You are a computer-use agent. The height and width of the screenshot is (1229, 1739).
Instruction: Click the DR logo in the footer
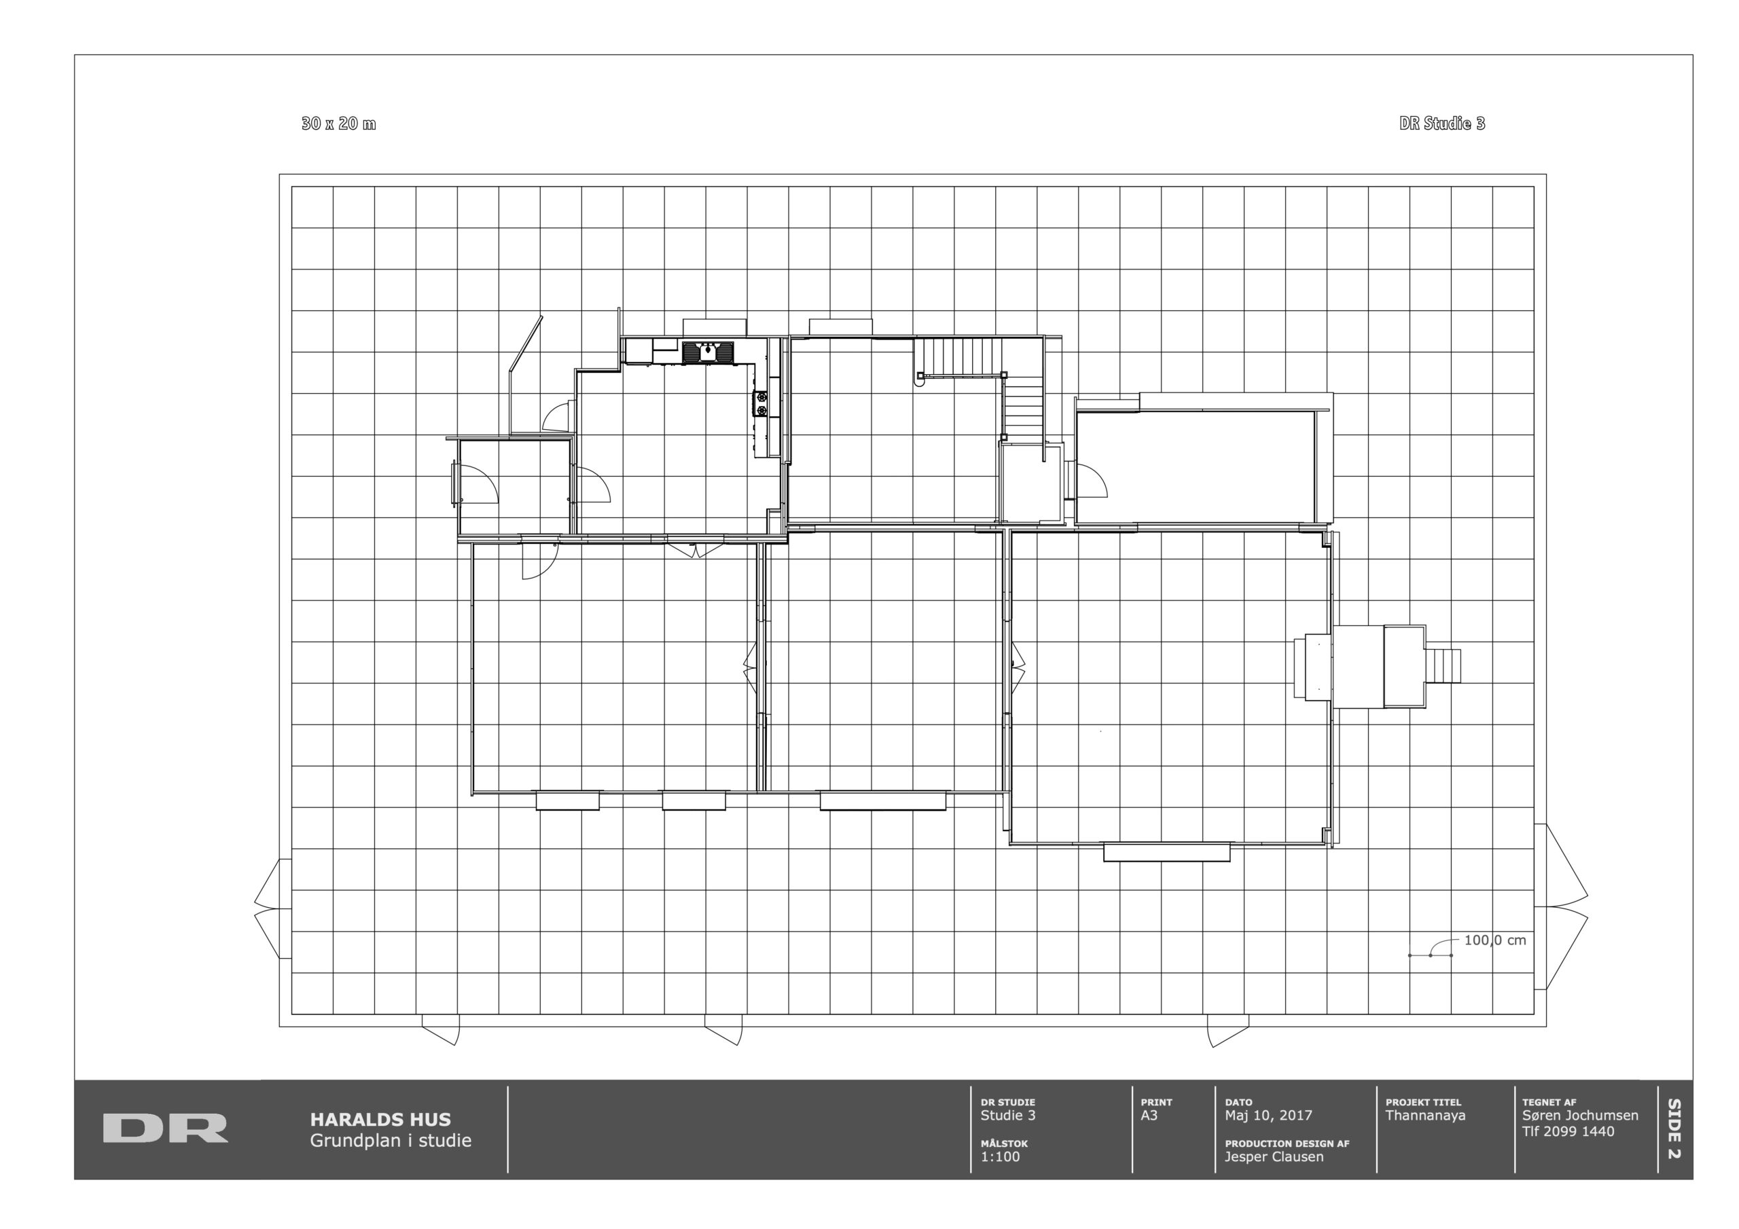[165, 1128]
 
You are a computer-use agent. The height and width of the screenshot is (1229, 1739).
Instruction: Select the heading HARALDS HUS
[380, 1119]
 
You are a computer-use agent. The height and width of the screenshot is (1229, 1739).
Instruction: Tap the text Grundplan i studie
[390, 1141]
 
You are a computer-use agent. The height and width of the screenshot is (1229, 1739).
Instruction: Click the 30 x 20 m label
[338, 124]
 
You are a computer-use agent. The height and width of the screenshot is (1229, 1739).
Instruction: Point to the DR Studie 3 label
[1442, 124]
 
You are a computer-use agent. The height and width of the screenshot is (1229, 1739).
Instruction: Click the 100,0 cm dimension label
[1495, 940]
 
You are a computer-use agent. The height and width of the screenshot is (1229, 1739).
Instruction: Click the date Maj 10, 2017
[1269, 1116]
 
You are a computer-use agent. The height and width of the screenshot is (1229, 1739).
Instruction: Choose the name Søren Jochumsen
[1580, 1116]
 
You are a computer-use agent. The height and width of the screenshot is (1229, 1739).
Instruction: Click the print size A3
[1149, 1116]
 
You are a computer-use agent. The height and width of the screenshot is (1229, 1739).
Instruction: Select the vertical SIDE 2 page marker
[1674, 1129]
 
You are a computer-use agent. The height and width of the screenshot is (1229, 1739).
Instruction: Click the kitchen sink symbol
[709, 352]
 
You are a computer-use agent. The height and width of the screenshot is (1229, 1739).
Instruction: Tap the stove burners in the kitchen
[760, 403]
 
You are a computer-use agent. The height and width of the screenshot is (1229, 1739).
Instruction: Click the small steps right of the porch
[1443, 665]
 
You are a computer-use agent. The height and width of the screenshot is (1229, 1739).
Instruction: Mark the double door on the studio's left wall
[272, 908]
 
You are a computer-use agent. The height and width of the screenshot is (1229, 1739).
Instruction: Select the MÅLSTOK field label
[1004, 1143]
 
